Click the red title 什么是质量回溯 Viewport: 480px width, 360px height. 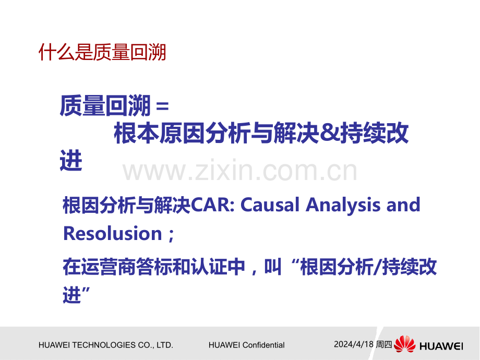click(x=102, y=52)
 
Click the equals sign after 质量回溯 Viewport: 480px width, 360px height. click(x=162, y=106)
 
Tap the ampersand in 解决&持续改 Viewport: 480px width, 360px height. click(x=329, y=133)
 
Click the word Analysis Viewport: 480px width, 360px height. click(x=343, y=206)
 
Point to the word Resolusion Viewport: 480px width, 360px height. click(x=112, y=234)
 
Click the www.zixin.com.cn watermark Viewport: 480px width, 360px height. click(x=239, y=171)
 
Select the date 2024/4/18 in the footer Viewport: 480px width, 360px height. click(x=354, y=344)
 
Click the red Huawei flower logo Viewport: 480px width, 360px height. click(x=405, y=344)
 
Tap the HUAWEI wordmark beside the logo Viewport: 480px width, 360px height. click(x=441, y=346)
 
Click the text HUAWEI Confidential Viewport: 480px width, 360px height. click(x=246, y=345)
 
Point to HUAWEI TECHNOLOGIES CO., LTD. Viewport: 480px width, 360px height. click(x=105, y=345)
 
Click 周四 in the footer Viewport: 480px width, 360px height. click(x=383, y=344)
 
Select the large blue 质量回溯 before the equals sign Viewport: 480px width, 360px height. click(x=105, y=105)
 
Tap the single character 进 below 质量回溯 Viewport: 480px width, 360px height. click(x=71, y=160)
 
